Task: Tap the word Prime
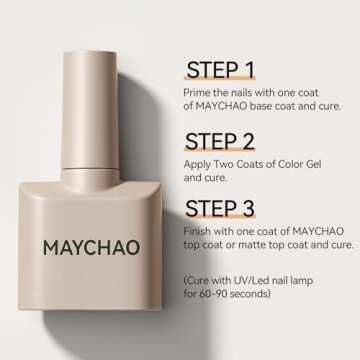pos(198,92)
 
